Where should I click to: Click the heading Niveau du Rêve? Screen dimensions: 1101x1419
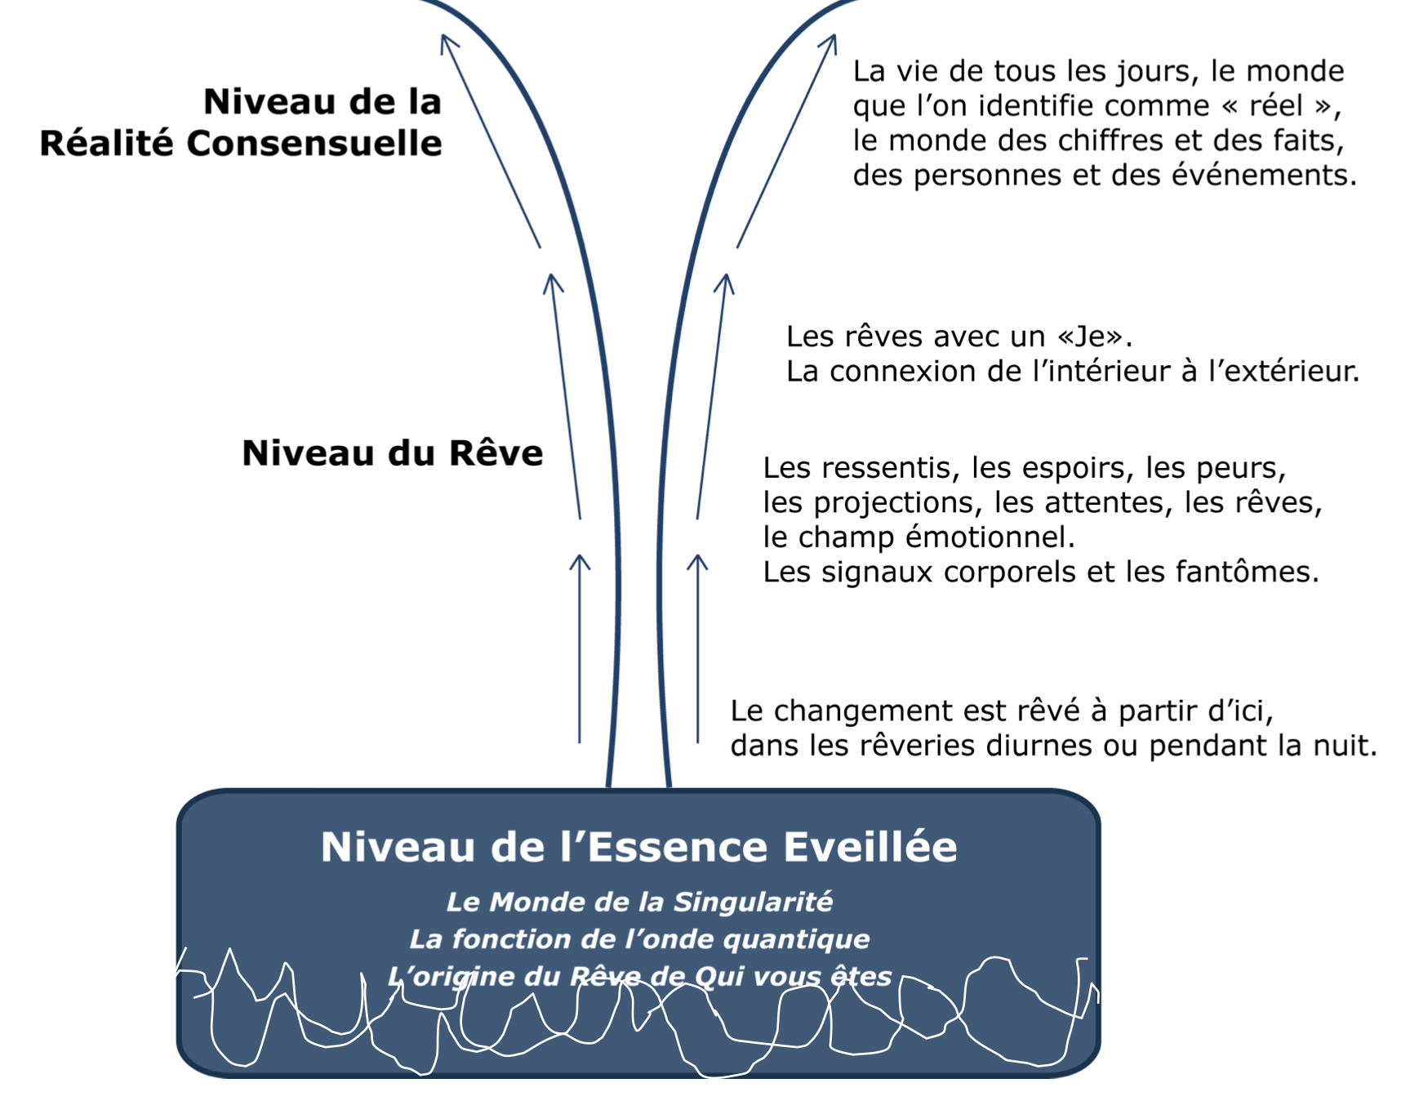(392, 452)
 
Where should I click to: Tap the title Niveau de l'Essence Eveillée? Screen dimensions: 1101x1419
(638, 846)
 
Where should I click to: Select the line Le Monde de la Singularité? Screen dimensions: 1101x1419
(638, 902)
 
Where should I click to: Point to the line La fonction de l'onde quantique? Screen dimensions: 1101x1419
(638, 939)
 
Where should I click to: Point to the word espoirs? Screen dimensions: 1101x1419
(1074, 468)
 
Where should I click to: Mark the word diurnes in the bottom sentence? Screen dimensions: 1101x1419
(1038, 746)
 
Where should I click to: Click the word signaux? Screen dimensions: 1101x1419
(877, 572)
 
